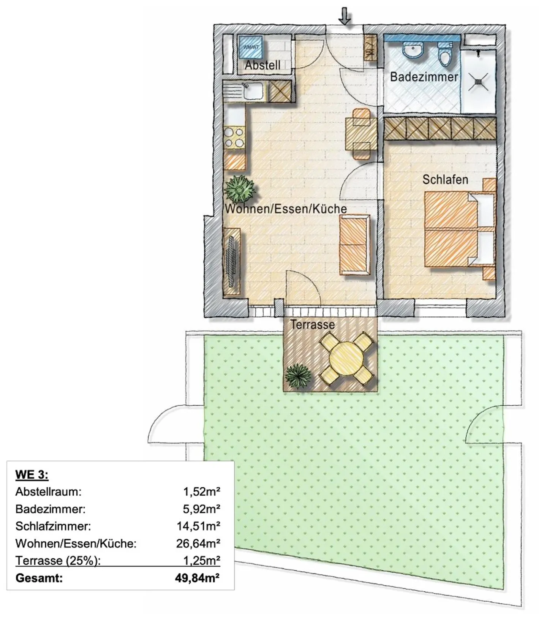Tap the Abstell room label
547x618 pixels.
[262, 65]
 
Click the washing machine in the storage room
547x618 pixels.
[250, 47]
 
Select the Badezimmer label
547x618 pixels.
[424, 77]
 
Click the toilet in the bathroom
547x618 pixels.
[444, 54]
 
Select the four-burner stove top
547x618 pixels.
[234, 138]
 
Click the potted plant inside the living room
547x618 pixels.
[239, 189]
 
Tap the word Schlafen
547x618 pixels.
[445, 179]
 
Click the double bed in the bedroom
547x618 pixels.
[460, 229]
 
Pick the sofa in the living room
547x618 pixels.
[354, 244]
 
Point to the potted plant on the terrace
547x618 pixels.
[298, 376]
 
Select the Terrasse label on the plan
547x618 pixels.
[313, 324]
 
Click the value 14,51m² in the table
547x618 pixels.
[198, 526]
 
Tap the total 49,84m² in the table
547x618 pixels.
[197, 578]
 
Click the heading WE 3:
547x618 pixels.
[32, 474]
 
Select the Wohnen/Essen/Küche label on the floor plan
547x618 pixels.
[286, 209]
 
